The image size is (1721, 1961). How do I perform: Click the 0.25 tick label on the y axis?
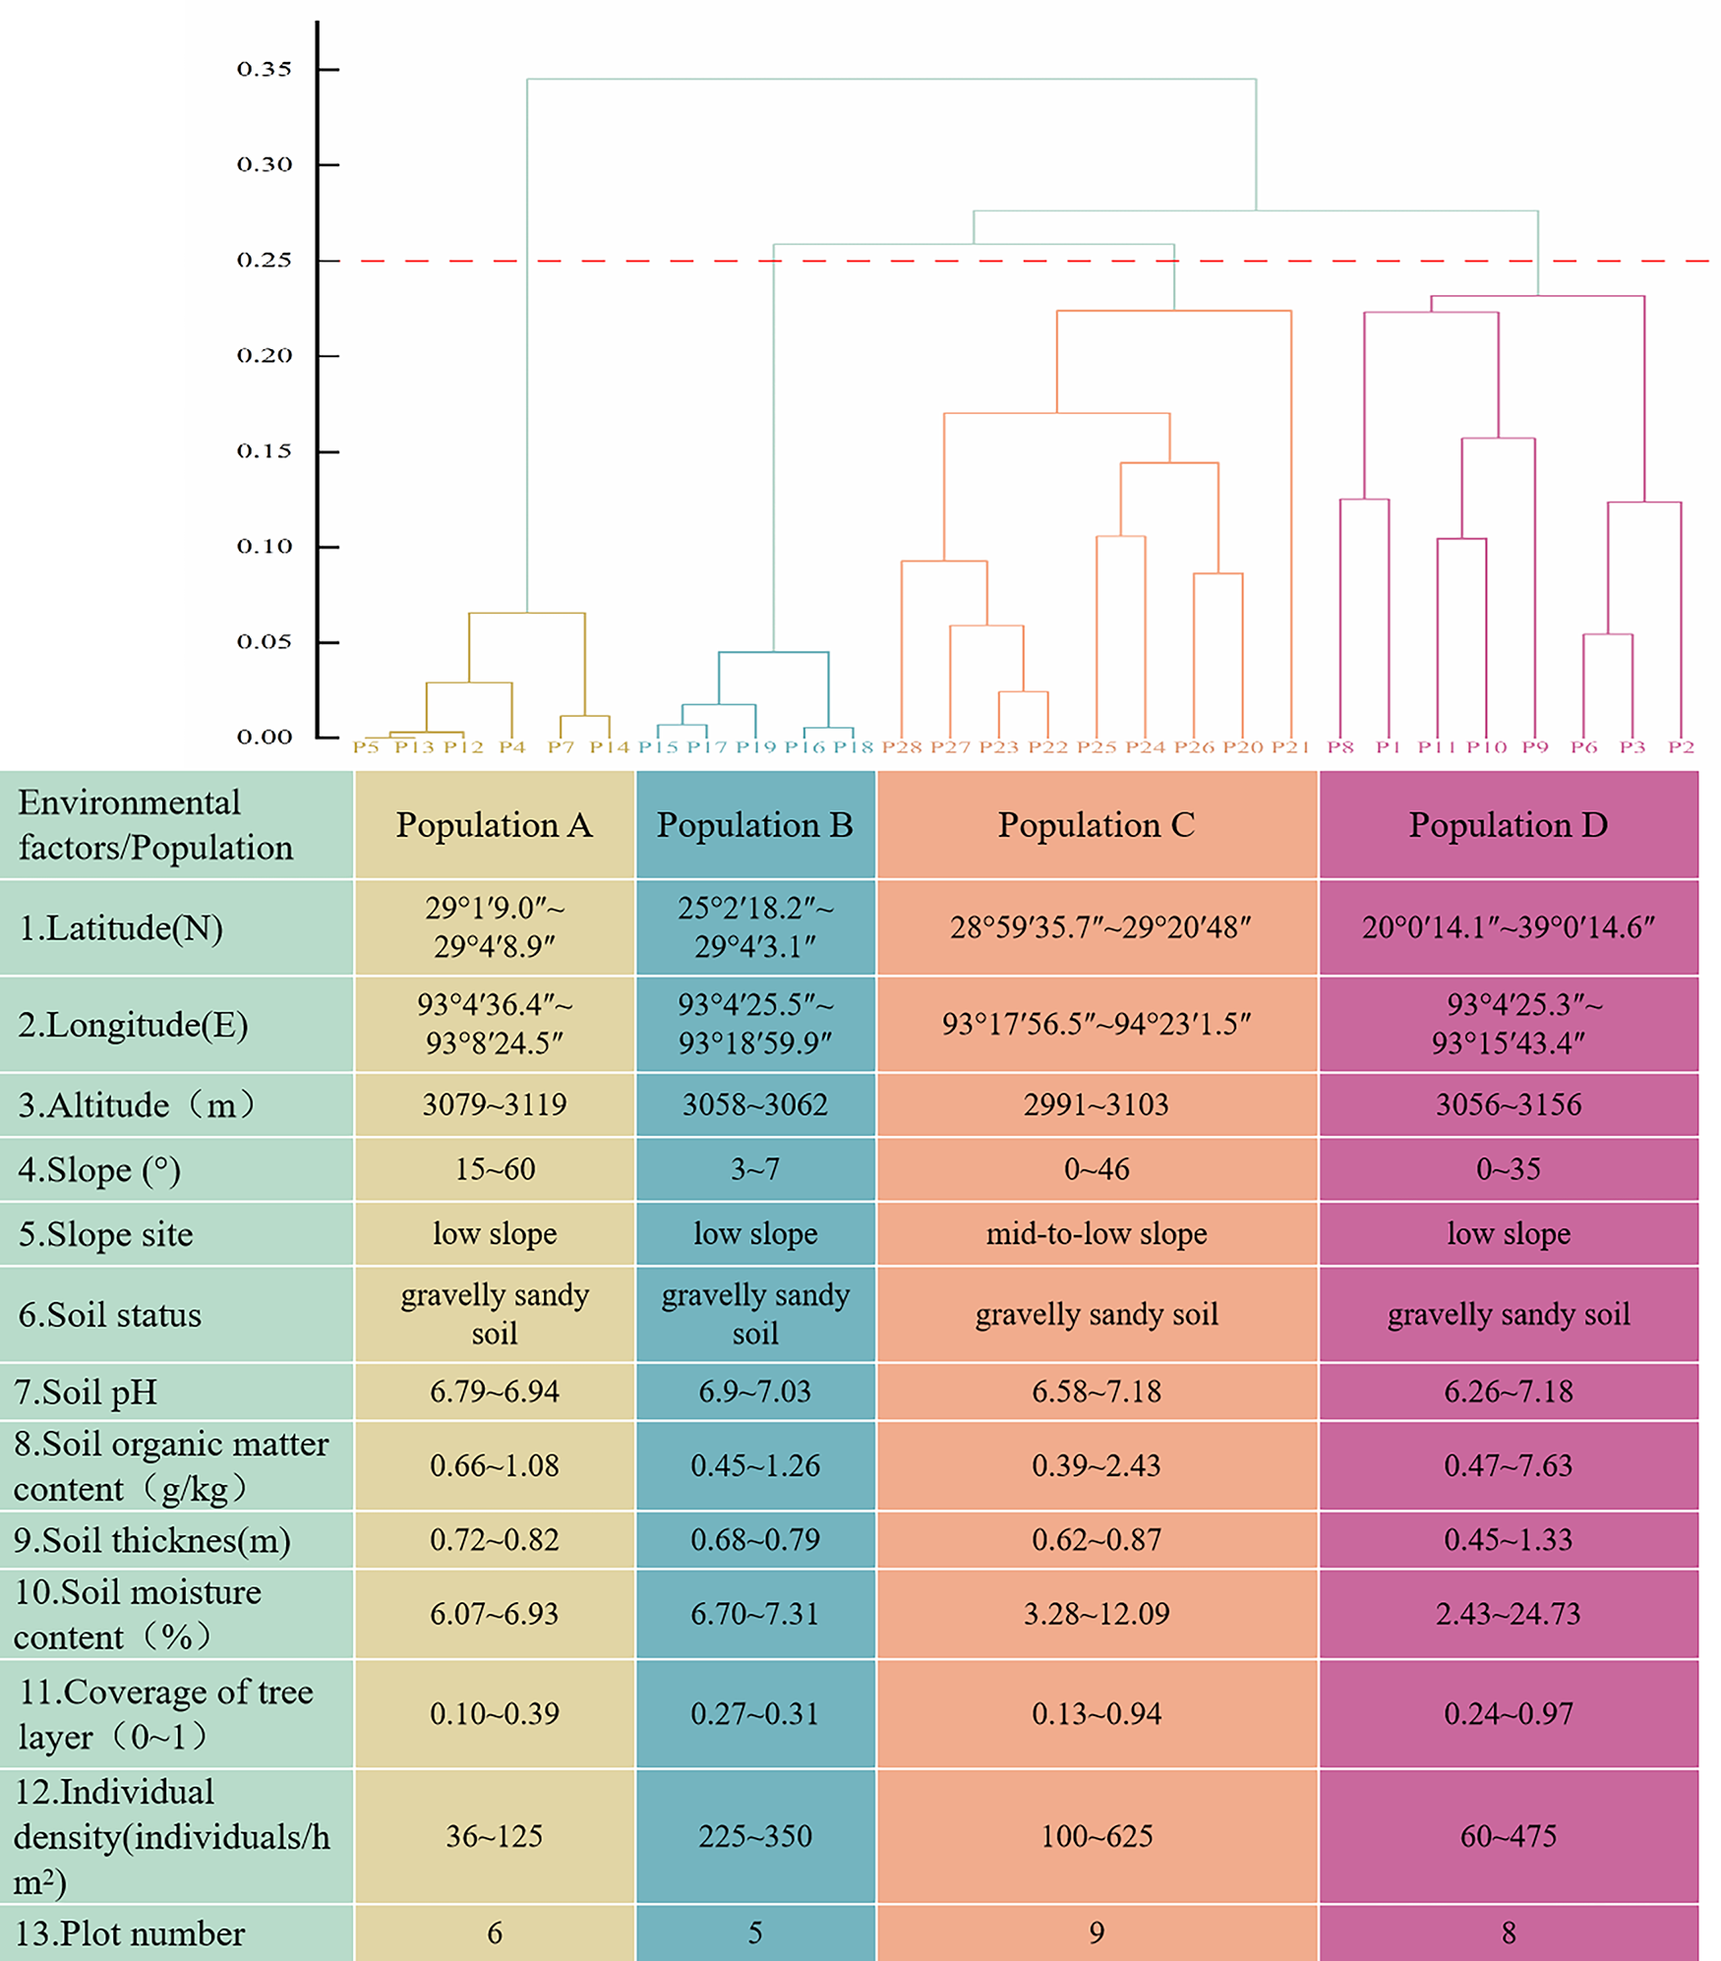pos(264,261)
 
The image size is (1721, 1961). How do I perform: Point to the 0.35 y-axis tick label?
pos(264,70)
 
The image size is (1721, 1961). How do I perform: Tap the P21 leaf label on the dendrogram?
pos(1289,747)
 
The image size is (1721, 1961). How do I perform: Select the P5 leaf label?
pos(366,747)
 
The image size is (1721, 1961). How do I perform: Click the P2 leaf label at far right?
pos(1681,747)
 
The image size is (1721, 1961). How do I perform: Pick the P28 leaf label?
pos(901,747)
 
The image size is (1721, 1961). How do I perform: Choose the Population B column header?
pos(754,825)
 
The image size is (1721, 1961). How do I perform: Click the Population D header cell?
pos(1508,825)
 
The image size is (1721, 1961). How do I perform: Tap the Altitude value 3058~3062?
pos(754,1104)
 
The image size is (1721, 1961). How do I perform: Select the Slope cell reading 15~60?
pos(495,1169)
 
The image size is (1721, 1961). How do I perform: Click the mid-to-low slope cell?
pos(1096,1233)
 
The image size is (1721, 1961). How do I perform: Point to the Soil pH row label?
pos(86,1392)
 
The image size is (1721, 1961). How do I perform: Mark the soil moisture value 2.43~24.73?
pos(1508,1614)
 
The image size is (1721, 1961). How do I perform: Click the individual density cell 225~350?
pos(754,1836)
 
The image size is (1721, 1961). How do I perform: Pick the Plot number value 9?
pos(1096,1932)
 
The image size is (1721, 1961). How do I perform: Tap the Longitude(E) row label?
pos(133,1025)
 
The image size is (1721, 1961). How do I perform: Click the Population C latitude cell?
pos(1096,927)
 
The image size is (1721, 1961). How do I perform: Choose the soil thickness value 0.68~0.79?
pos(754,1539)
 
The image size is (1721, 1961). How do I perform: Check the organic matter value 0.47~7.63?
pos(1508,1465)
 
